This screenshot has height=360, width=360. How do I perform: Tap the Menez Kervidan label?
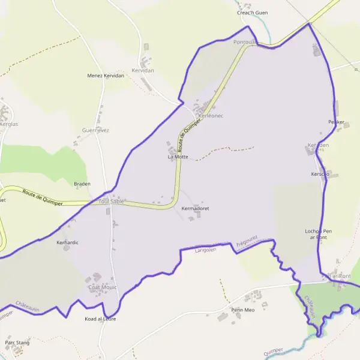(x=106, y=76)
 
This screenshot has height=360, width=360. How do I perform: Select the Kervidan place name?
(x=143, y=70)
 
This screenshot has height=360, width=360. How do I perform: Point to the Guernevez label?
(x=95, y=130)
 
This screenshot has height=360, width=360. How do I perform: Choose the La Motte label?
(x=178, y=157)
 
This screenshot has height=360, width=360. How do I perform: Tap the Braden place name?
(x=82, y=184)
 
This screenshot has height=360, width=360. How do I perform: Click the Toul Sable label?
(x=111, y=202)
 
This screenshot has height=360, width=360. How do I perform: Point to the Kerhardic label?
(x=67, y=242)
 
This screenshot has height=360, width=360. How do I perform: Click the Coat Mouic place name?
(x=102, y=287)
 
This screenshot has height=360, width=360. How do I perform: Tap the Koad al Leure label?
(x=100, y=319)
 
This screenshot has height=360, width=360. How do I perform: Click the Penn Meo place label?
(x=243, y=310)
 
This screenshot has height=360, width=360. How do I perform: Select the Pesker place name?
(x=336, y=122)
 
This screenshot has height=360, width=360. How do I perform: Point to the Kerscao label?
(x=320, y=174)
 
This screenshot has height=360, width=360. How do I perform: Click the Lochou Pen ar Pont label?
(x=318, y=234)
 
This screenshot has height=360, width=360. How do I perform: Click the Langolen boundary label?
(x=205, y=250)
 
